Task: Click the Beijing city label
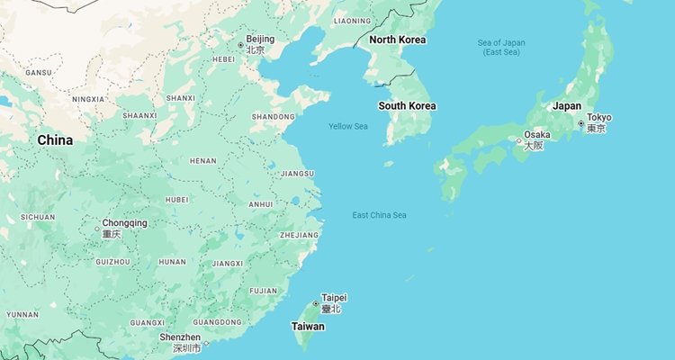point(260,40)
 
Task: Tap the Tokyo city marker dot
point(580,123)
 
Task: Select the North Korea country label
point(398,40)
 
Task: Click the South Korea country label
point(407,106)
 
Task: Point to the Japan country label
point(566,106)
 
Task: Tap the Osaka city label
point(536,135)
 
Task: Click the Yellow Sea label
point(347,126)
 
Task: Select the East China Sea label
point(379,215)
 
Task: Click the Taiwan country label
point(308,327)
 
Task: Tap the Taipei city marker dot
point(315,303)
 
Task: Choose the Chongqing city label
point(124,223)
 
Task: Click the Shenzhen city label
point(180,337)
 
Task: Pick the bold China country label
point(55,140)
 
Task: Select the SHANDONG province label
point(273,117)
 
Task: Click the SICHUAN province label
point(38,217)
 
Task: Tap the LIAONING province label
point(351,20)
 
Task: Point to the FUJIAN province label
point(264,291)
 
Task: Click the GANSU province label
point(39,72)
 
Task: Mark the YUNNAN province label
point(22,315)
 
